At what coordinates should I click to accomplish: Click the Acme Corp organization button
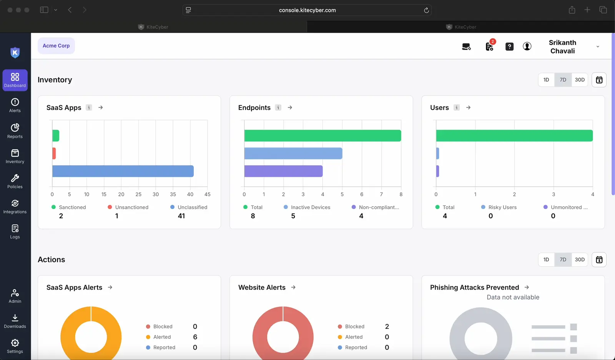(56, 46)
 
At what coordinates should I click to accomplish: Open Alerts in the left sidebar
(15, 105)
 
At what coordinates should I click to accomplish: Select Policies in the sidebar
(15, 181)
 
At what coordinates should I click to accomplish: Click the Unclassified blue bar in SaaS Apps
(123, 171)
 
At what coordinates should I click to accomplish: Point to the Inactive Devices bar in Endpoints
(293, 153)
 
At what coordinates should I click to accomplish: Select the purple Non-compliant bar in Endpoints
(283, 171)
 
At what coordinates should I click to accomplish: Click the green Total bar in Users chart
(514, 136)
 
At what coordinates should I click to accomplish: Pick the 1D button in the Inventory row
(546, 80)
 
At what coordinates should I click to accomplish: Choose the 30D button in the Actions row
(580, 260)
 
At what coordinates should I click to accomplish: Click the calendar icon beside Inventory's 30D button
(599, 80)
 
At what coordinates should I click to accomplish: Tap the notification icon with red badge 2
(489, 46)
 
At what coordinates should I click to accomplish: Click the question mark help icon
(509, 46)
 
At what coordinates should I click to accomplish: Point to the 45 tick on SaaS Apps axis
(208, 194)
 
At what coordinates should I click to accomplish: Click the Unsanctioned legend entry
(128, 207)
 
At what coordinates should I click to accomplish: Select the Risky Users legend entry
(499, 207)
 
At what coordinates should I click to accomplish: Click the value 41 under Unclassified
(181, 216)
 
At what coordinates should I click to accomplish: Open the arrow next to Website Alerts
(293, 287)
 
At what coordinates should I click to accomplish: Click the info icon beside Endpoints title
(278, 108)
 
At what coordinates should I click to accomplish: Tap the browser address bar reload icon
(426, 10)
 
